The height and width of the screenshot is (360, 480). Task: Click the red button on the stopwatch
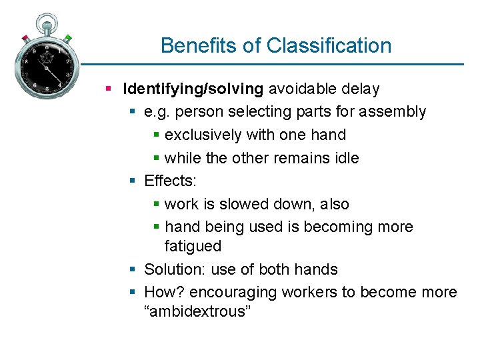[25, 37]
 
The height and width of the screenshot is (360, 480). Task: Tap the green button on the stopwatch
[68, 38]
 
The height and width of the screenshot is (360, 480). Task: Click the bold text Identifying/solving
[193, 89]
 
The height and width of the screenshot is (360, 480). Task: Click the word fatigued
[193, 246]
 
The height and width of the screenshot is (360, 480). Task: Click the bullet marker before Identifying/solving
[109, 89]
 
